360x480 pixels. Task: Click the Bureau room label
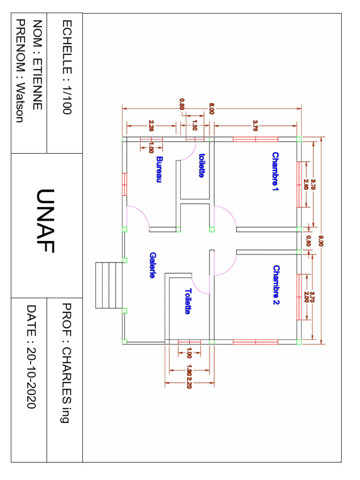point(159,169)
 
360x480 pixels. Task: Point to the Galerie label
point(152,265)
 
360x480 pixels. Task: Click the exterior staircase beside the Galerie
point(109,285)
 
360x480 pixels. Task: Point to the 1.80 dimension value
point(189,370)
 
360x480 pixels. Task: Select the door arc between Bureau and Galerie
point(138,217)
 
